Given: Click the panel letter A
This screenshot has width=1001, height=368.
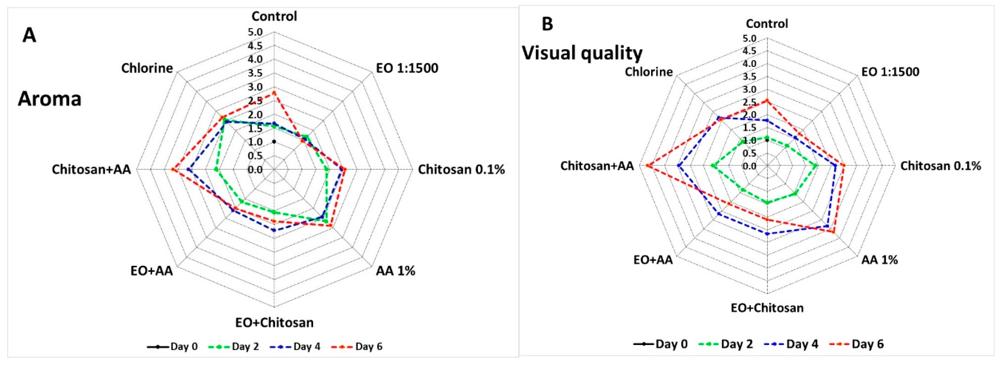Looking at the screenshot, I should click(x=29, y=36).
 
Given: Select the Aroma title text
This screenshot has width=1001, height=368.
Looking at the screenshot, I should click(x=50, y=99).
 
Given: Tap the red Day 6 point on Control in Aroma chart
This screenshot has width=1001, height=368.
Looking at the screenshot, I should click(x=274, y=93).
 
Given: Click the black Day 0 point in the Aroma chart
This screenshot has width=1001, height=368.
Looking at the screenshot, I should click(x=274, y=142).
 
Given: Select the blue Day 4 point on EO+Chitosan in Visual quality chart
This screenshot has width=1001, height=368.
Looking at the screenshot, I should click(x=767, y=234).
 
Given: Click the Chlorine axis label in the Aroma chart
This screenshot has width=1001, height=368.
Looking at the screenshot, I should click(x=147, y=68).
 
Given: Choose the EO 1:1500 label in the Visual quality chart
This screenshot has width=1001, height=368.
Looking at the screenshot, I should click(x=890, y=72).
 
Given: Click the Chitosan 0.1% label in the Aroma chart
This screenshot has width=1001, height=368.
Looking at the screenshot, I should click(x=461, y=170).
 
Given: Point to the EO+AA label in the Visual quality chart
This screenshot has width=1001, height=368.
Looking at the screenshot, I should click(x=653, y=260).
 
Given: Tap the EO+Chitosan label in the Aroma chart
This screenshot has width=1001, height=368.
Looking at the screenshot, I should click(x=274, y=322).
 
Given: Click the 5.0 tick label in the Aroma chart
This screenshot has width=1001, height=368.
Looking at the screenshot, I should click(x=255, y=32).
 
